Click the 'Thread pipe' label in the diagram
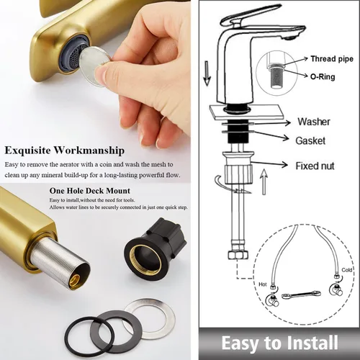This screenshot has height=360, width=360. pos(332,59)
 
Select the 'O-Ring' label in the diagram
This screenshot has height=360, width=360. pos(323,77)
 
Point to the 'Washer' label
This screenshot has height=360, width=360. pos(314,122)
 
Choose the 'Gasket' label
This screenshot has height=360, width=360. pos(310,140)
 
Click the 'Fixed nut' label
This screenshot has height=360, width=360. pos(315,166)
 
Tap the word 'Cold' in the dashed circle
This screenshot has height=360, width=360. pos(346,270)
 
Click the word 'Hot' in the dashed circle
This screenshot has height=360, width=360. pos(263,284)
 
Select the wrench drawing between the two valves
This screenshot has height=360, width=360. pos(301,294)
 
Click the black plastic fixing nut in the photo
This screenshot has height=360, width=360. pos(155,247)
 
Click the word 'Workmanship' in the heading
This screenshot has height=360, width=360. pos(89,150)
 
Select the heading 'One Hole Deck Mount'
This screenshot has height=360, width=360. pos(90,191)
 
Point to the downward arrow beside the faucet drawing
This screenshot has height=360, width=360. pos(207,73)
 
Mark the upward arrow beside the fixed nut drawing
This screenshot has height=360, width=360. pos(264,181)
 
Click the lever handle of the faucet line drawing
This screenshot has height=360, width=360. pos(250,15)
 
